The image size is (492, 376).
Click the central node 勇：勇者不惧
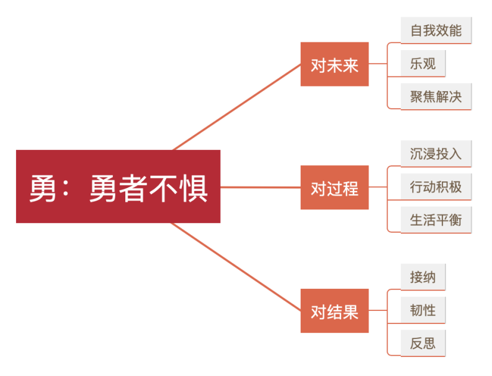[x=118, y=186]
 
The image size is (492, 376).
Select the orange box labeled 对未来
[x=335, y=64]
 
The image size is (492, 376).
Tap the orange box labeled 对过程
[x=335, y=188]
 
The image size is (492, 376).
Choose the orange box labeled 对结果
[x=335, y=311]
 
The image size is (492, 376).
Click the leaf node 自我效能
[x=436, y=30]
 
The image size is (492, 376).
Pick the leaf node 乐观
[x=423, y=63]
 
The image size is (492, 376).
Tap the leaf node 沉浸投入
[x=436, y=154]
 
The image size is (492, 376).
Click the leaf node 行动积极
[x=436, y=187]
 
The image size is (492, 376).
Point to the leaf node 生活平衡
[x=436, y=220]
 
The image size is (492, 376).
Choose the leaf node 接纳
[x=423, y=277]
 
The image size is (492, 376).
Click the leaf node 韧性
[x=423, y=310]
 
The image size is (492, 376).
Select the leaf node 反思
[x=423, y=343]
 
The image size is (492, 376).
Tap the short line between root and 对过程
[x=261, y=187]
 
